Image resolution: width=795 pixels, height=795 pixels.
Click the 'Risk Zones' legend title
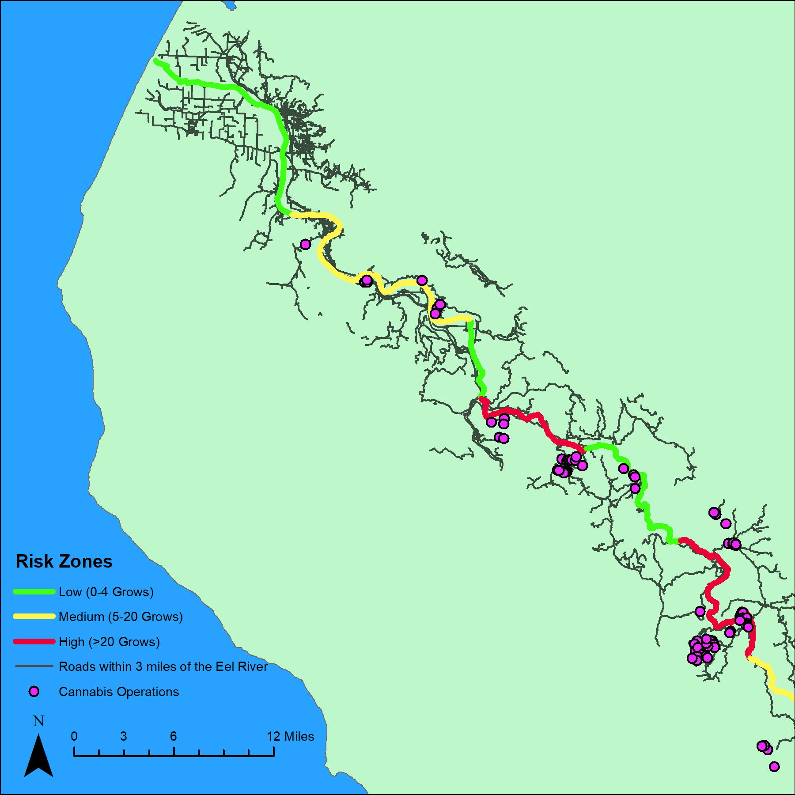click(64, 561)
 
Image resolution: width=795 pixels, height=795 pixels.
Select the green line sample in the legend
click(34, 592)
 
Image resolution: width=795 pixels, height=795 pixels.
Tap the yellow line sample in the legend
click(34, 617)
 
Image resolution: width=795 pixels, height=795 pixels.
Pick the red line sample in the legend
click(34, 642)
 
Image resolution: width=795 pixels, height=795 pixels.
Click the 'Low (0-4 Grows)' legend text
click(106, 592)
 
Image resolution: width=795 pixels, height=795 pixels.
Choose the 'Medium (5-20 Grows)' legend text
click(121, 617)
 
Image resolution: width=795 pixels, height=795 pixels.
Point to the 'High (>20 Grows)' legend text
click(109, 642)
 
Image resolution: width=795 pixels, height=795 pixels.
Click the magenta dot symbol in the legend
click(34, 692)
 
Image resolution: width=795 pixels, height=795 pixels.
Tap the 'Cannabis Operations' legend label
click(119, 692)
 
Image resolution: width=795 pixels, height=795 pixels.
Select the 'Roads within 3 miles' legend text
click(163, 666)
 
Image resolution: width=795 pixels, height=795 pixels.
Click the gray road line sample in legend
click(34, 666)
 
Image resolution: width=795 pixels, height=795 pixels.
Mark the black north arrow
click(38, 757)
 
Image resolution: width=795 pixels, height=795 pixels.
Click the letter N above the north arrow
click(38, 721)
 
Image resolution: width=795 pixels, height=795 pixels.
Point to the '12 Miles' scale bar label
click(290, 736)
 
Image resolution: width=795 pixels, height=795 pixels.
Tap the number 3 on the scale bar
click(124, 736)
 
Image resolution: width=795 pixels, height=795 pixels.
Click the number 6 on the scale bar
click(174, 736)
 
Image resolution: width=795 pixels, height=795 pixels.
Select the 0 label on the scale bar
click(74, 736)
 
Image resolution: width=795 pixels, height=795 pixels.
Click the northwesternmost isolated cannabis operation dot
click(305, 244)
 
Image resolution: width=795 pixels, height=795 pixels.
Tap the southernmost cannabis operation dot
click(774, 767)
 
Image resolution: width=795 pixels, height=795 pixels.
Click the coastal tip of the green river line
click(156, 61)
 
